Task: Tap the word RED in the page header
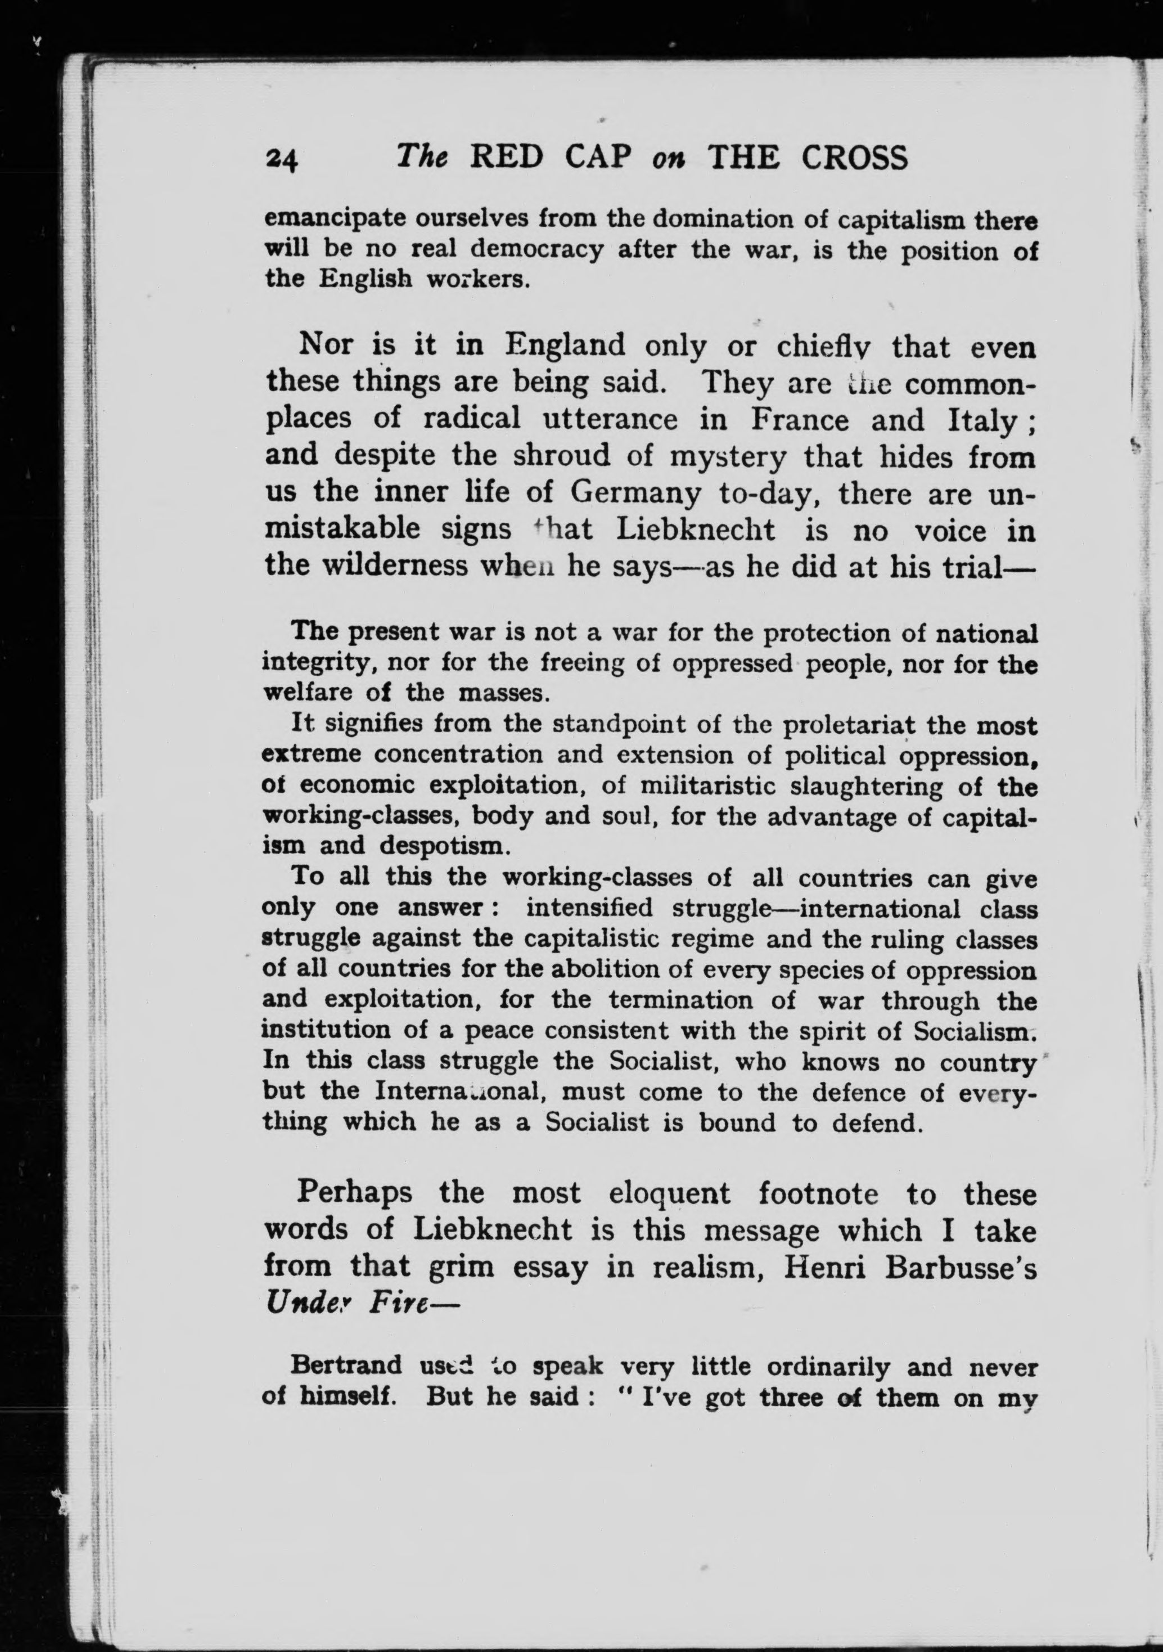click(x=506, y=158)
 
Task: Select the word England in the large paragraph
click(x=565, y=346)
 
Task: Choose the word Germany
click(x=635, y=493)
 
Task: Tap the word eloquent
click(x=669, y=1193)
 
